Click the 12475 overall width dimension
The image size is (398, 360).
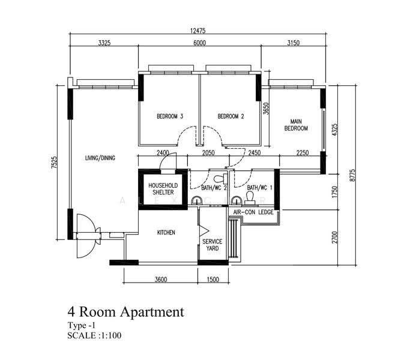point(197,31)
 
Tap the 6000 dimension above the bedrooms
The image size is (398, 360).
point(199,43)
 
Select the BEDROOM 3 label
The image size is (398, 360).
point(170,116)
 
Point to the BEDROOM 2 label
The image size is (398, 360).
point(231,116)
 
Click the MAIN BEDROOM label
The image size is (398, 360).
point(296,125)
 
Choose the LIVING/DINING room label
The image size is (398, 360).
point(100,158)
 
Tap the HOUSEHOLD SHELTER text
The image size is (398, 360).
point(163,189)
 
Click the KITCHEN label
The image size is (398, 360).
point(166,232)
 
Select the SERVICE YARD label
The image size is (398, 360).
point(212,245)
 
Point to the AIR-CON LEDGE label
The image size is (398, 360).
point(253,212)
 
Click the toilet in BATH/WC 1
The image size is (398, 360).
point(250,197)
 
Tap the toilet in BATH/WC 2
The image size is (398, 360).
point(220,179)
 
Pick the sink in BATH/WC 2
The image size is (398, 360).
point(196,200)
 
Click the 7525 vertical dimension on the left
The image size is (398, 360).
point(54,163)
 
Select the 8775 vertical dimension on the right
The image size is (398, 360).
point(352,175)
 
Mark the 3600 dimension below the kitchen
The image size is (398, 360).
point(161,280)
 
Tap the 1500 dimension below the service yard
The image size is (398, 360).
point(213,280)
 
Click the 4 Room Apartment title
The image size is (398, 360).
point(125,312)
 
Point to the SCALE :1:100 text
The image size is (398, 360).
point(94,335)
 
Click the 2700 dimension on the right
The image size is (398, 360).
point(335,237)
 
